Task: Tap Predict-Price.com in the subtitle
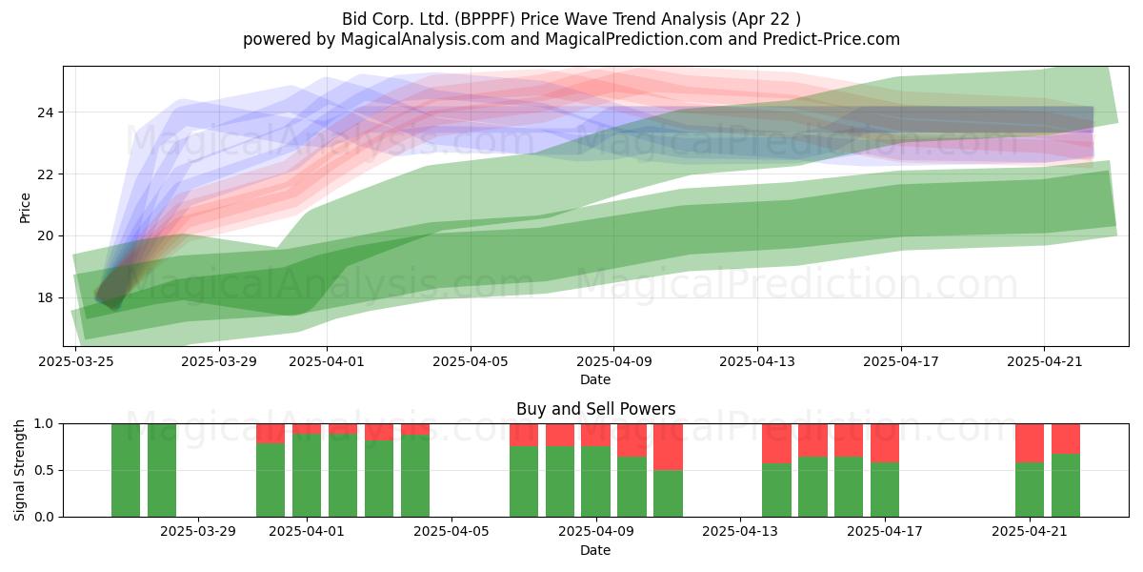click(x=832, y=39)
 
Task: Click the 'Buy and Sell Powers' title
click(x=595, y=409)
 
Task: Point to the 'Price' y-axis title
click(x=25, y=208)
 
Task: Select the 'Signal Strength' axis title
click(x=19, y=470)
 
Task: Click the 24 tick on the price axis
click(x=45, y=112)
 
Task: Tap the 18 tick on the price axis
click(x=45, y=297)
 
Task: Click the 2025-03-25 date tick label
click(x=76, y=361)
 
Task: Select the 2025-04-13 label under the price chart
click(x=757, y=361)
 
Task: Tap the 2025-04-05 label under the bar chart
click(x=451, y=531)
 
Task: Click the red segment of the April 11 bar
click(x=668, y=447)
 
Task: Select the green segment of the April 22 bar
click(x=1066, y=485)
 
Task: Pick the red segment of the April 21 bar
click(x=1030, y=443)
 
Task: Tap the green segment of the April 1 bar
click(x=307, y=476)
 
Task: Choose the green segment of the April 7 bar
click(x=524, y=481)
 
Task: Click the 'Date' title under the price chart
click(x=595, y=379)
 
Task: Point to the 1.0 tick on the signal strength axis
click(x=44, y=424)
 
